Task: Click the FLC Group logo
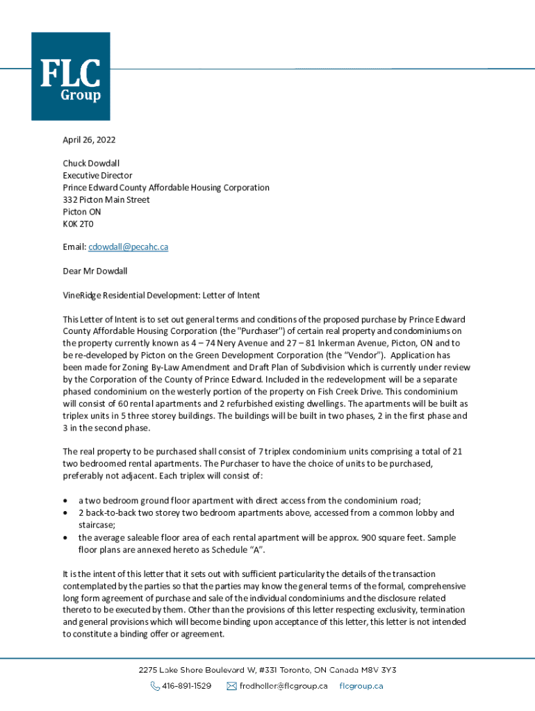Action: coord(71,76)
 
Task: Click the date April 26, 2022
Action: coord(89,140)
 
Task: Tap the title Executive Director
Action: coord(97,176)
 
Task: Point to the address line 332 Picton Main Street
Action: coord(106,199)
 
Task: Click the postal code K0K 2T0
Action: coord(78,224)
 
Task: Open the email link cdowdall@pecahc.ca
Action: coord(128,247)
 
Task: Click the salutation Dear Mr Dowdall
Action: coord(94,271)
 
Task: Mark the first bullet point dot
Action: coord(65,501)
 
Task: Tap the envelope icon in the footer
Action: coord(233,686)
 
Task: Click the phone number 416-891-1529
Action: coord(186,686)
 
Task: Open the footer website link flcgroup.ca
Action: coord(361,686)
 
